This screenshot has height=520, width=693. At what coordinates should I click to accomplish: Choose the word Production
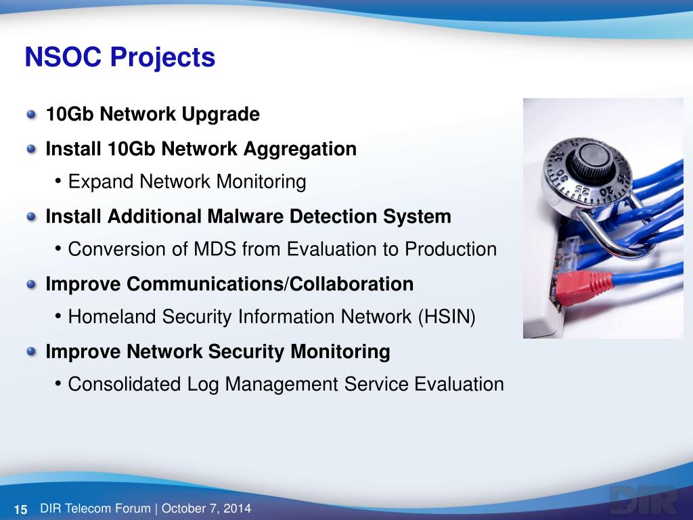point(451,249)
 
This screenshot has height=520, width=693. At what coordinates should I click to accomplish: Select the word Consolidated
point(125,385)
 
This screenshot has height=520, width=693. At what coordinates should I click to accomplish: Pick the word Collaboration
point(352,284)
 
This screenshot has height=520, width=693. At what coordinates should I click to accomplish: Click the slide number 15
point(21,509)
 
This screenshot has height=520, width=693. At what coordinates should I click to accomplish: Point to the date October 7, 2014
point(206,508)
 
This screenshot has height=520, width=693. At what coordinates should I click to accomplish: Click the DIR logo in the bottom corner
point(644,500)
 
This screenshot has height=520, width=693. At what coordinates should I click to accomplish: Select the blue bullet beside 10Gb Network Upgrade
point(31,114)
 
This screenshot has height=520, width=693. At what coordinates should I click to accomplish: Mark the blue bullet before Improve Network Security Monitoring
point(31,352)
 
